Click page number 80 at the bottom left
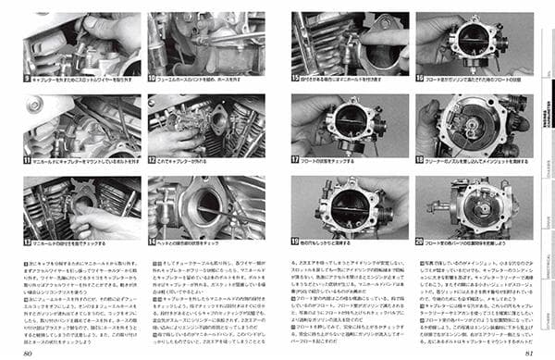pos(29,353)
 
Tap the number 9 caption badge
pos(27,79)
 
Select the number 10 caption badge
pos(152,79)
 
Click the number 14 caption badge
pos(152,242)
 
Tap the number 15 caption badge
pos(296,79)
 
